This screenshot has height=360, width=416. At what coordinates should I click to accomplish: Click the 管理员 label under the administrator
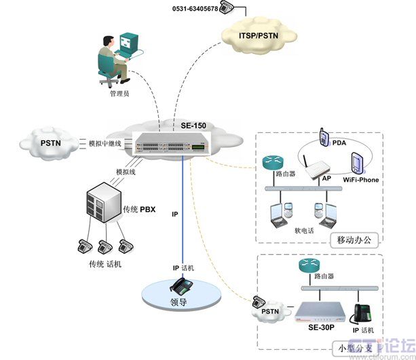pos(119,94)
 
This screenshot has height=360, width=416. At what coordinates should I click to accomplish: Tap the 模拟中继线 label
pos(105,144)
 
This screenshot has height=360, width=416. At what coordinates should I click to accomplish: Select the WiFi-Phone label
pos(360,180)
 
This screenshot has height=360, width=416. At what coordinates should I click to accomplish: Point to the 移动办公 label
pos(355,239)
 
